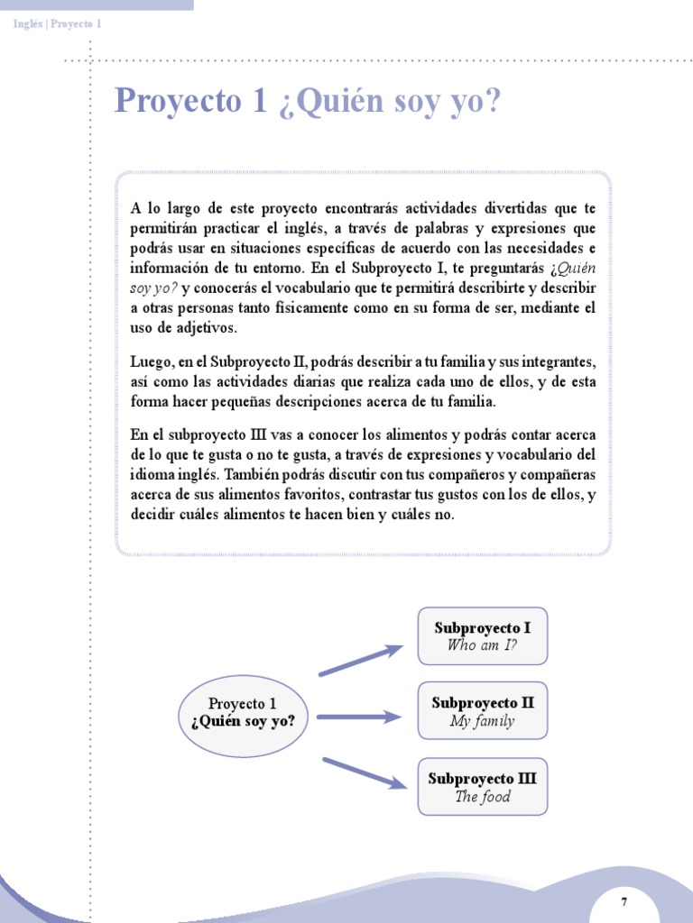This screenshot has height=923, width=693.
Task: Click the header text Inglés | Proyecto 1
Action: pyautogui.click(x=57, y=23)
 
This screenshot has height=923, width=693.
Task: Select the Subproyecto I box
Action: pyautogui.click(x=482, y=635)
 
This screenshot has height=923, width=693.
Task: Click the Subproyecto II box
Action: pyautogui.click(x=482, y=711)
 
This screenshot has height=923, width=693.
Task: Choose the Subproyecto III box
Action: pyautogui.click(x=482, y=787)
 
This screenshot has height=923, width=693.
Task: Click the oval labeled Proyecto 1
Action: pyautogui.click(x=243, y=713)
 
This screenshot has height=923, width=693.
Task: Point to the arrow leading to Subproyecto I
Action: pyautogui.click(x=360, y=661)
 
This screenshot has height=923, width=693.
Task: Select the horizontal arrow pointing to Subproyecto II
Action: pyautogui.click(x=358, y=717)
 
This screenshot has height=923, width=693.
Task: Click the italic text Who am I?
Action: pyautogui.click(x=482, y=645)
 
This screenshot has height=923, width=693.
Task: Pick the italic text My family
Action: pyautogui.click(x=482, y=721)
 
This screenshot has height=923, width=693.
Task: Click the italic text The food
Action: pyautogui.click(x=482, y=797)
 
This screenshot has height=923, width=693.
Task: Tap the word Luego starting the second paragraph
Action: pyautogui.click(x=151, y=362)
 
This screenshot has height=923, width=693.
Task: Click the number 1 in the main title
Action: pyautogui.click(x=260, y=102)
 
